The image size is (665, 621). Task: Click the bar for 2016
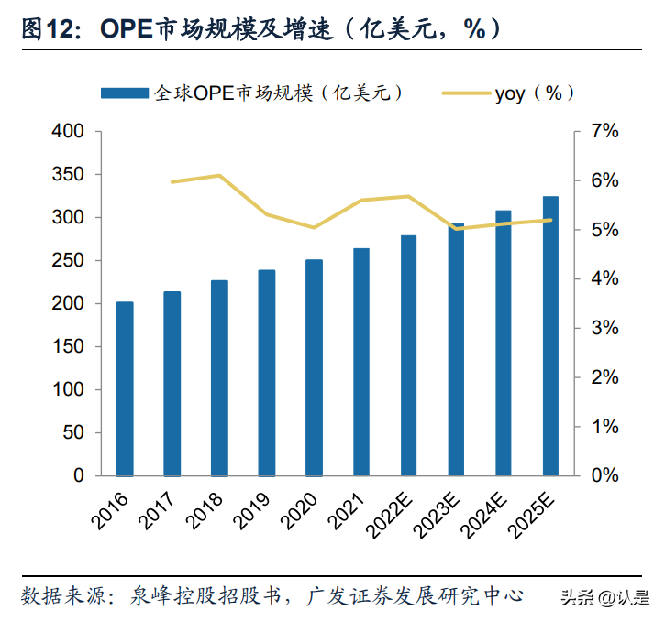coord(125,388)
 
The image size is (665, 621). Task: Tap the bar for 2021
coord(361,362)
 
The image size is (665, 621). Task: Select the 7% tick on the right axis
coord(604,132)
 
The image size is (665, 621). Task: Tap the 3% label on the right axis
coord(604,329)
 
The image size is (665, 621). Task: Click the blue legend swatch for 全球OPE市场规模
coord(125,93)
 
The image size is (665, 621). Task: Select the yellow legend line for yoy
coord(465,93)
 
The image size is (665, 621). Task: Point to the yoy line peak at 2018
coord(219,175)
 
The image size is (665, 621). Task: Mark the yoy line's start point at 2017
coord(172,182)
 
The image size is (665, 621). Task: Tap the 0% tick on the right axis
coord(604,476)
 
